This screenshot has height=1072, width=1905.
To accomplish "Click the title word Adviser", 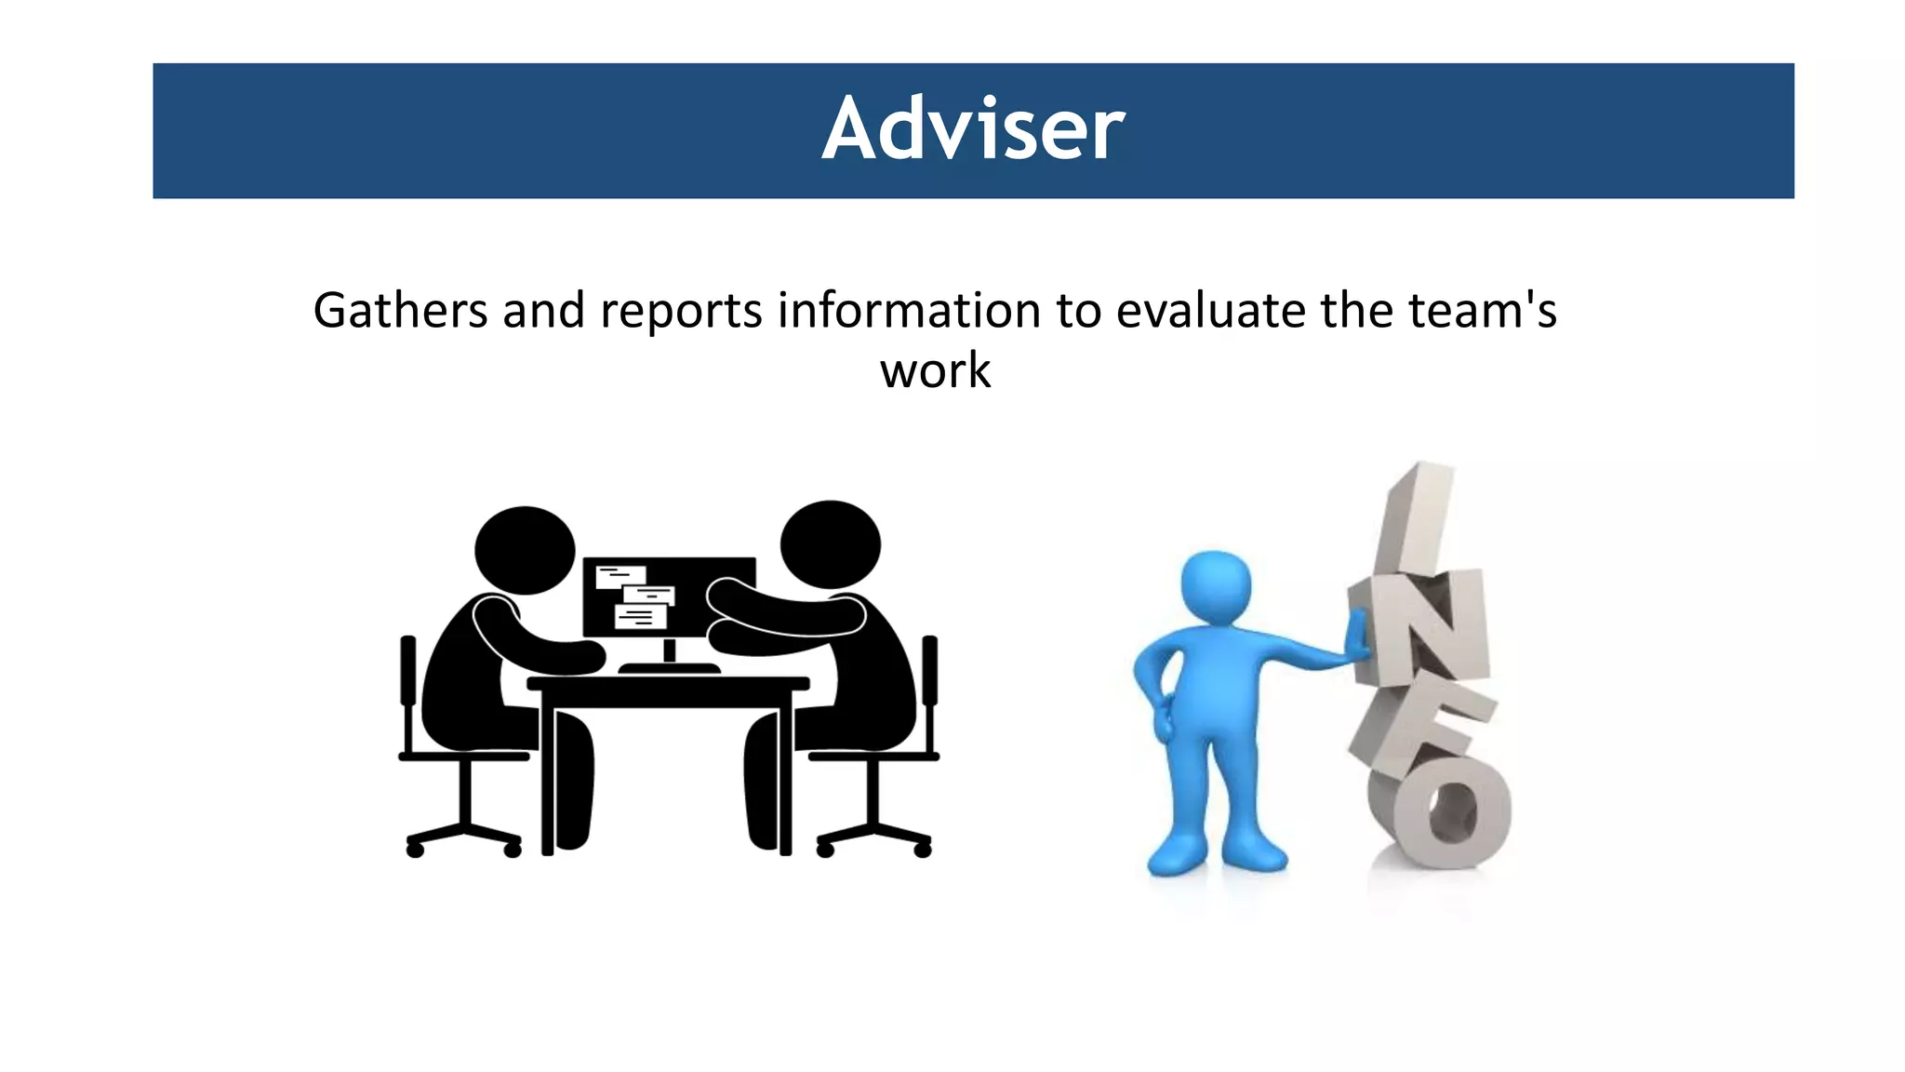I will coord(973,129).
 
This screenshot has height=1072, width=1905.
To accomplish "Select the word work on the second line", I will coord(936,370).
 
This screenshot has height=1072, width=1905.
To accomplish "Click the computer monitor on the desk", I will coord(669,596).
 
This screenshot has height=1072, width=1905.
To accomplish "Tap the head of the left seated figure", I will coord(525,550).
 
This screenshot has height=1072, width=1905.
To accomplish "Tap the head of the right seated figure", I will coord(830,544).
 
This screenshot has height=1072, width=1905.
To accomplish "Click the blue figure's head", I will coord(1215,588).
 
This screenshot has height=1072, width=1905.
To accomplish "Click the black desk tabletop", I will coord(668,683).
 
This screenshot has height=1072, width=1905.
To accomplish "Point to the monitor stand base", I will coord(669,667).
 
